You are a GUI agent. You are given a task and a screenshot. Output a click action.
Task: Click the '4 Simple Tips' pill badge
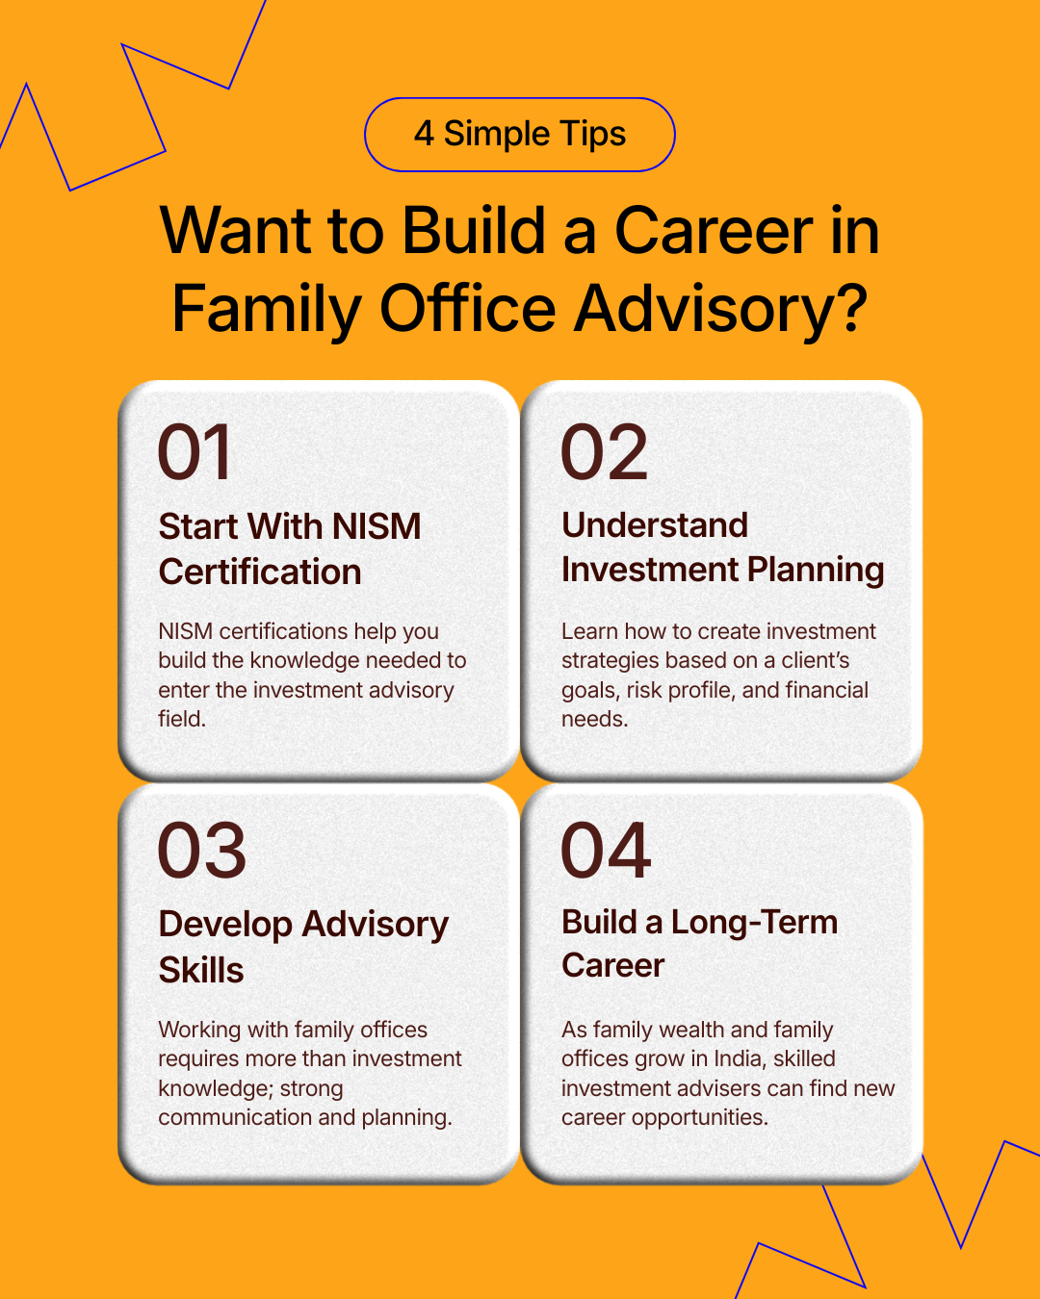(x=520, y=135)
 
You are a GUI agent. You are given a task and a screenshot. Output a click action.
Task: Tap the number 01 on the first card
(x=194, y=451)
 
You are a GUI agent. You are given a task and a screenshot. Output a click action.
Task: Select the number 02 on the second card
(x=604, y=451)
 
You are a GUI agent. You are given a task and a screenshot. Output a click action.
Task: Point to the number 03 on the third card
(x=202, y=850)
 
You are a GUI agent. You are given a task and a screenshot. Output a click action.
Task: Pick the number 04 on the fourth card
(x=606, y=850)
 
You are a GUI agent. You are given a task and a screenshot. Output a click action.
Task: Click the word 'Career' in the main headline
(x=713, y=231)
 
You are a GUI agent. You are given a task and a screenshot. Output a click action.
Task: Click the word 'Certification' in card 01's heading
(x=260, y=571)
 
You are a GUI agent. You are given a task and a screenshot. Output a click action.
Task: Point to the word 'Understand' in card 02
(x=655, y=525)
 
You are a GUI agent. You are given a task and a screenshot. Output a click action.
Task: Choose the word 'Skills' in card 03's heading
(x=201, y=969)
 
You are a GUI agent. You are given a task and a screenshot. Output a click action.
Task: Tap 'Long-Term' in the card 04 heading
(x=754, y=924)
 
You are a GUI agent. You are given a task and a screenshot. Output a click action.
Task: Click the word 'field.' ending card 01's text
(x=182, y=719)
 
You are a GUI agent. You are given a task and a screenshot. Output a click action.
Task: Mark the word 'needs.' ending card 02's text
(x=595, y=719)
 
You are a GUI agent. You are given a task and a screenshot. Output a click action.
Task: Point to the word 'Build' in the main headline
(x=474, y=231)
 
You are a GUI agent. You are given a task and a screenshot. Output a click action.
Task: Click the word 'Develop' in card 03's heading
(x=225, y=925)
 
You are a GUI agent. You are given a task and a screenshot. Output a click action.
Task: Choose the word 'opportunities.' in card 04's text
(x=700, y=1118)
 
